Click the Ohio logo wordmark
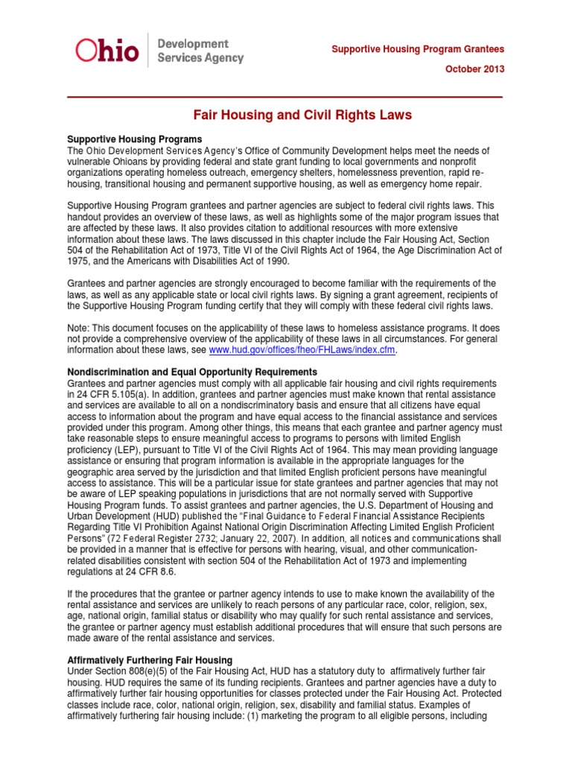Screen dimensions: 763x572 coord(108,50)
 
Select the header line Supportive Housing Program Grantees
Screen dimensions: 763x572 coord(418,49)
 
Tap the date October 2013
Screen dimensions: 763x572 coord(474,69)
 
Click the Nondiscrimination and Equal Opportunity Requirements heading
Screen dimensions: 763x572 coord(192,372)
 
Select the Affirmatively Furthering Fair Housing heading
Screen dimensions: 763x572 coord(150,660)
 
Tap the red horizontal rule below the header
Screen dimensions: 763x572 coord(285,98)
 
